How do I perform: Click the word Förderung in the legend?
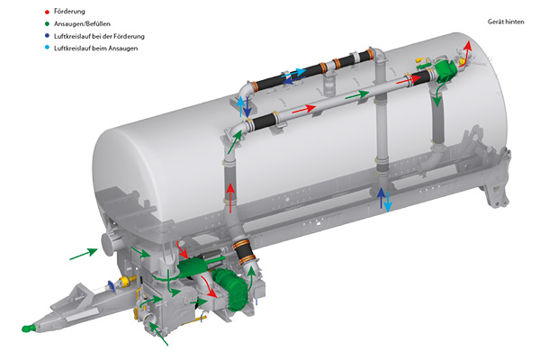coord(69,12)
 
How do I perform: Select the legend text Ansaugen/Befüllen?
coord(82,23)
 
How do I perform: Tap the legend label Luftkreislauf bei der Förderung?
coord(99,36)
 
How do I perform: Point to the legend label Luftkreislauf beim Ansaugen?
coord(95,49)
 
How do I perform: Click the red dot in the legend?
coord(47,12)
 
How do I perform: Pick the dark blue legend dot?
coord(47,36)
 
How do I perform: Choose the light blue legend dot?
coord(47,48)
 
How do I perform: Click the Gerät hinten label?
coord(506,22)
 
